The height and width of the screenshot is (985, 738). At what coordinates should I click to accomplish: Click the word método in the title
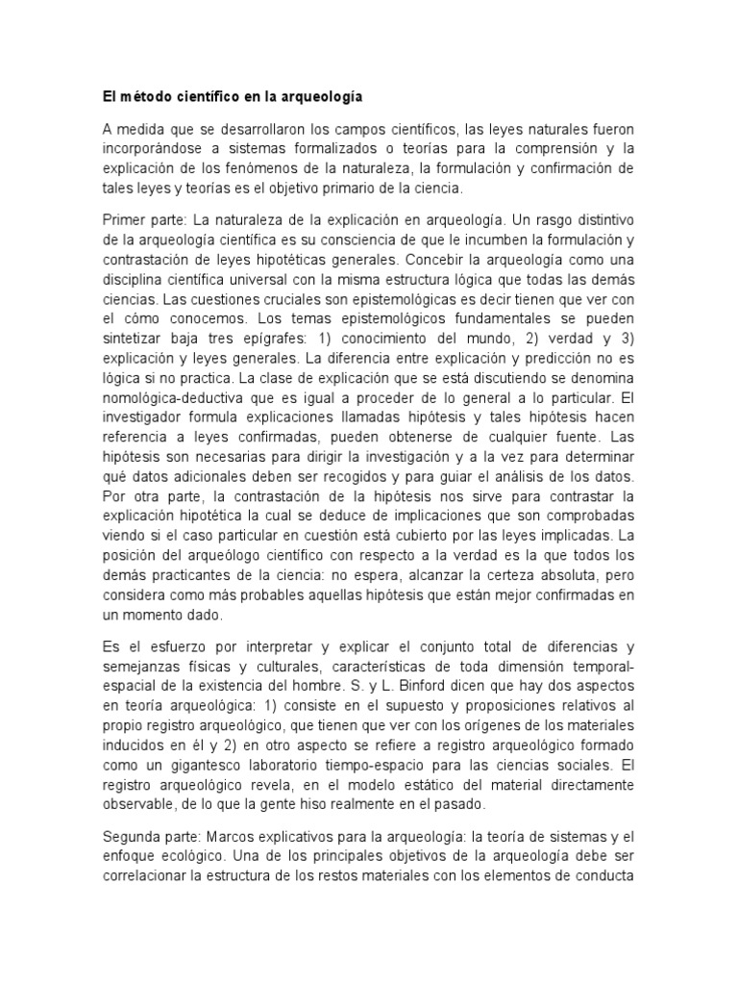click(x=143, y=97)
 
